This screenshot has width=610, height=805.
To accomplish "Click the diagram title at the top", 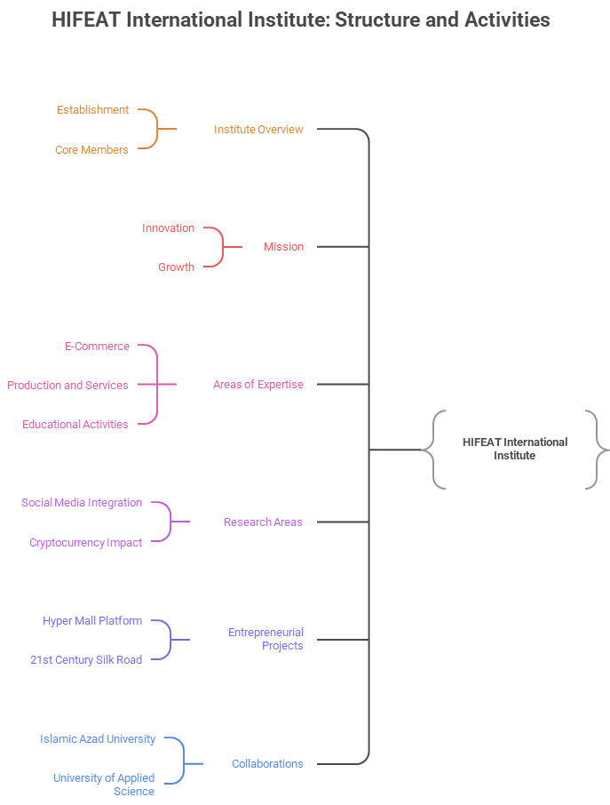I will (x=301, y=20).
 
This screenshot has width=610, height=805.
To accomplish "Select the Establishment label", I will (x=92, y=110).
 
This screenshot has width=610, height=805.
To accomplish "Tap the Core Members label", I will (x=91, y=150).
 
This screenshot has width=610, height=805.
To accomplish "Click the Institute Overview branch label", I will (x=258, y=130).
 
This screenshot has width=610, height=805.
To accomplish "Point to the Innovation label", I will (x=168, y=228).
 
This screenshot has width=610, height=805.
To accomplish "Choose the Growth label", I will (x=176, y=267).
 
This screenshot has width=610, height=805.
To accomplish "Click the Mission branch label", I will (x=283, y=247).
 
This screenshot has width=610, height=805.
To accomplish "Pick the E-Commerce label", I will (x=97, y=347).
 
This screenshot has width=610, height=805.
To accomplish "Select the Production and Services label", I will (x=67, y=386).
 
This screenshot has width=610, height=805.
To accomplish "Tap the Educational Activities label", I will (x=75, y=425).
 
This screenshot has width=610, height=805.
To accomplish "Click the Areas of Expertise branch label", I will (x=258, y=385).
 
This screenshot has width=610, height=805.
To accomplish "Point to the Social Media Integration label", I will (x=82, y=503).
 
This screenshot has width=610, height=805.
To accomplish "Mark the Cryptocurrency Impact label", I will (x=85, y=543).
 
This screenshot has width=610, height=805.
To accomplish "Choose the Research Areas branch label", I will (x=263, y=522).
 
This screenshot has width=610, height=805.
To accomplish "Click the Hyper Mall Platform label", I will (x=92, y=621).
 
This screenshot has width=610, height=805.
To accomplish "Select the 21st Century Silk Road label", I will (x=86, y=660).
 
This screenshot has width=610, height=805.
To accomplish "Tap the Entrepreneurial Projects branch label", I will (x=265, y=639).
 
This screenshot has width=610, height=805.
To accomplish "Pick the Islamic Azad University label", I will (x=98, y=739).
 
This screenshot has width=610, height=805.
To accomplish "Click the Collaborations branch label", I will (x=267, y=764).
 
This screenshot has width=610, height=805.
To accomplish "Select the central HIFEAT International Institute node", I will (x=514, y=449).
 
